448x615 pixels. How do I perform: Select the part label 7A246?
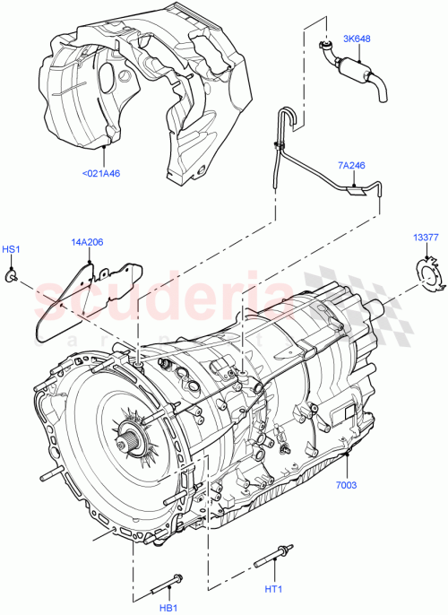coord(352,166)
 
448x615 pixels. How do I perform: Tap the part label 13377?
coord(425,237)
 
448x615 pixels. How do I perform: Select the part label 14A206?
coord(88,242)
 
